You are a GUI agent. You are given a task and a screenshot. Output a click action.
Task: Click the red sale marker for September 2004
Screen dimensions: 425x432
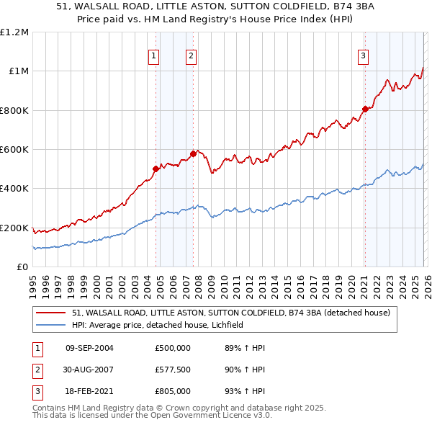(x=156, y=169)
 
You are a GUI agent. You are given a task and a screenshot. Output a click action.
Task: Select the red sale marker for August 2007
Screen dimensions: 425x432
(x=193, y=153)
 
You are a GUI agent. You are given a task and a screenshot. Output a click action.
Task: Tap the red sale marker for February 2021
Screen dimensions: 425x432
(x=365, y=109)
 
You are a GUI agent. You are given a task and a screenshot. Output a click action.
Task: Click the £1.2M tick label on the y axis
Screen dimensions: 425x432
(x=14, y=32)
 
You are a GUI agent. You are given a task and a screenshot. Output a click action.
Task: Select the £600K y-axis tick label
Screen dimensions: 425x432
(x=14, y=150)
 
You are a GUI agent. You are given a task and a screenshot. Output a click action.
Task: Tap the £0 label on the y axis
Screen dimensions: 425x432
(x=23, y=267)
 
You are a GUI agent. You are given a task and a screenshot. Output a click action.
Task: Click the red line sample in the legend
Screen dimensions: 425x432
(x=50, y=313)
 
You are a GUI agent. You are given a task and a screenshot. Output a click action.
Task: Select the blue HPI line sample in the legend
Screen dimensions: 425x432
(x=50, y=325)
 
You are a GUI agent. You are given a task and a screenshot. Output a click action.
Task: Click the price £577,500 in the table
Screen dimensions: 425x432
(x=172, y=370)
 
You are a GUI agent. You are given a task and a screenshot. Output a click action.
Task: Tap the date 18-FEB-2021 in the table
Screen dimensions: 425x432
(x=89, y=391)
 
